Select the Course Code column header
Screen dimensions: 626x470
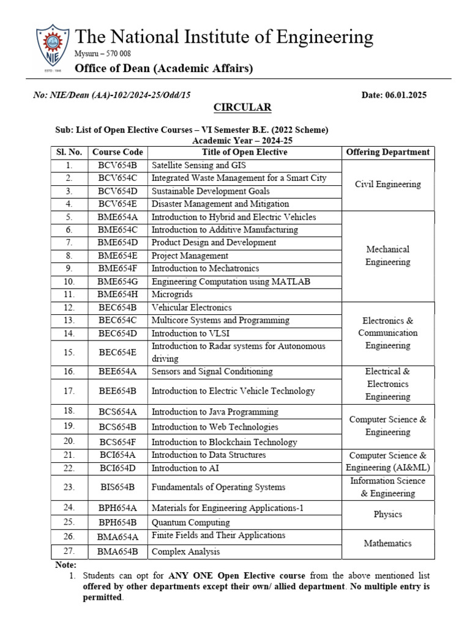coord(117,152)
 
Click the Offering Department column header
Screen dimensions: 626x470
coord(388,152)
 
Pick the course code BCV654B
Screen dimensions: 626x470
coord(117,165)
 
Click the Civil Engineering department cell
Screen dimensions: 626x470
coord(388,184)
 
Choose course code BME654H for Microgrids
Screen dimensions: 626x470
coord(117,294)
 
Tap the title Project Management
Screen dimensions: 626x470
coord(190,256)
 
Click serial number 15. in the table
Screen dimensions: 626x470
coord(69,352)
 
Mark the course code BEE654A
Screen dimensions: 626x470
coord(117,372)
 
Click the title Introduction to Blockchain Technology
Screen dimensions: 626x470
coord(224,442)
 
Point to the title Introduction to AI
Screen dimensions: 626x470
coord(185,468)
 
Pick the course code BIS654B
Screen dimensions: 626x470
coord(117,487)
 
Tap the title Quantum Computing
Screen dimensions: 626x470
coord(190,523)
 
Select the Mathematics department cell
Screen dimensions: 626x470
coord(388,543)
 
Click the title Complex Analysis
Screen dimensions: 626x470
coord(186,551)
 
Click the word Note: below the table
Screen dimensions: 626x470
coord(66,565)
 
